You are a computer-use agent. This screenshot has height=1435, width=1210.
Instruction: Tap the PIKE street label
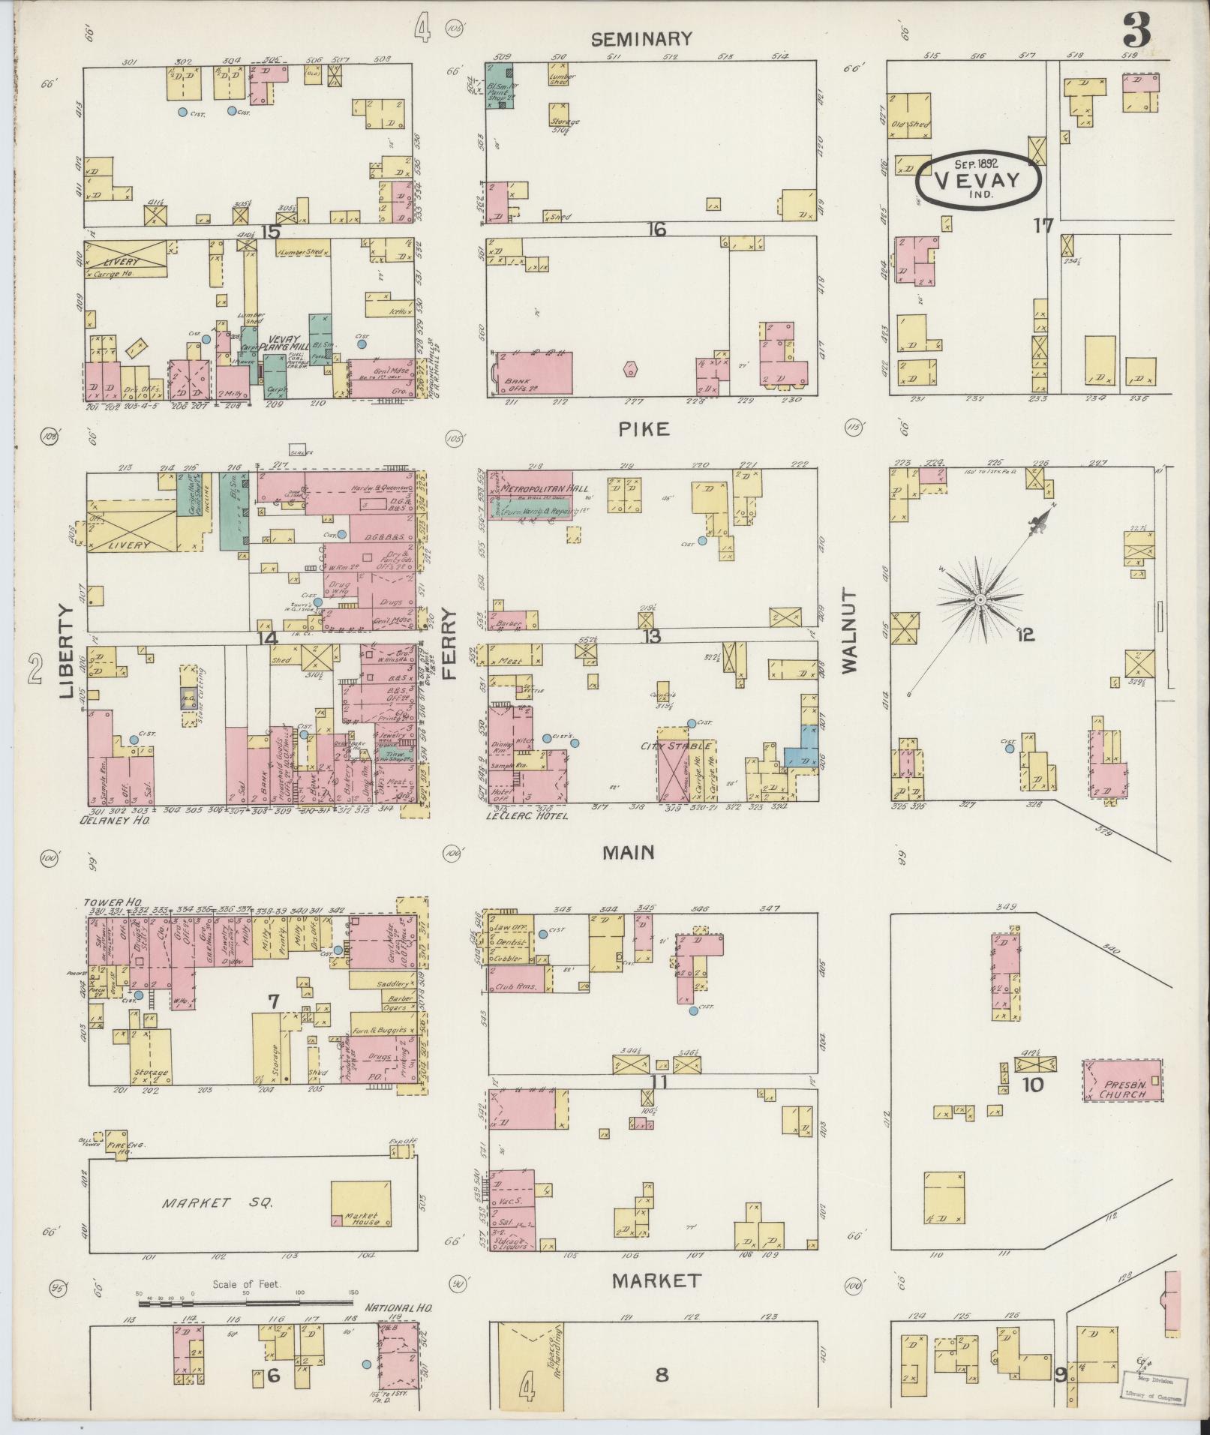(x=644, y=429)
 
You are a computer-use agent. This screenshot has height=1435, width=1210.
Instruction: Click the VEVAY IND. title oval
(x=977, y=180)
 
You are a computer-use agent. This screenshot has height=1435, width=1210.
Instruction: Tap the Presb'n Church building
(x=1123, y=1081)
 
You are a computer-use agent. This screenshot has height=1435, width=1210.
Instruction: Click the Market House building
(x=361, y=1203)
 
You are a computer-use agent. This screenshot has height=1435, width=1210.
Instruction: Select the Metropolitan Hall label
(x=533, y=488)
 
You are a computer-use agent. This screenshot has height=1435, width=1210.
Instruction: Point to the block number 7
(x=273, y=1001)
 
